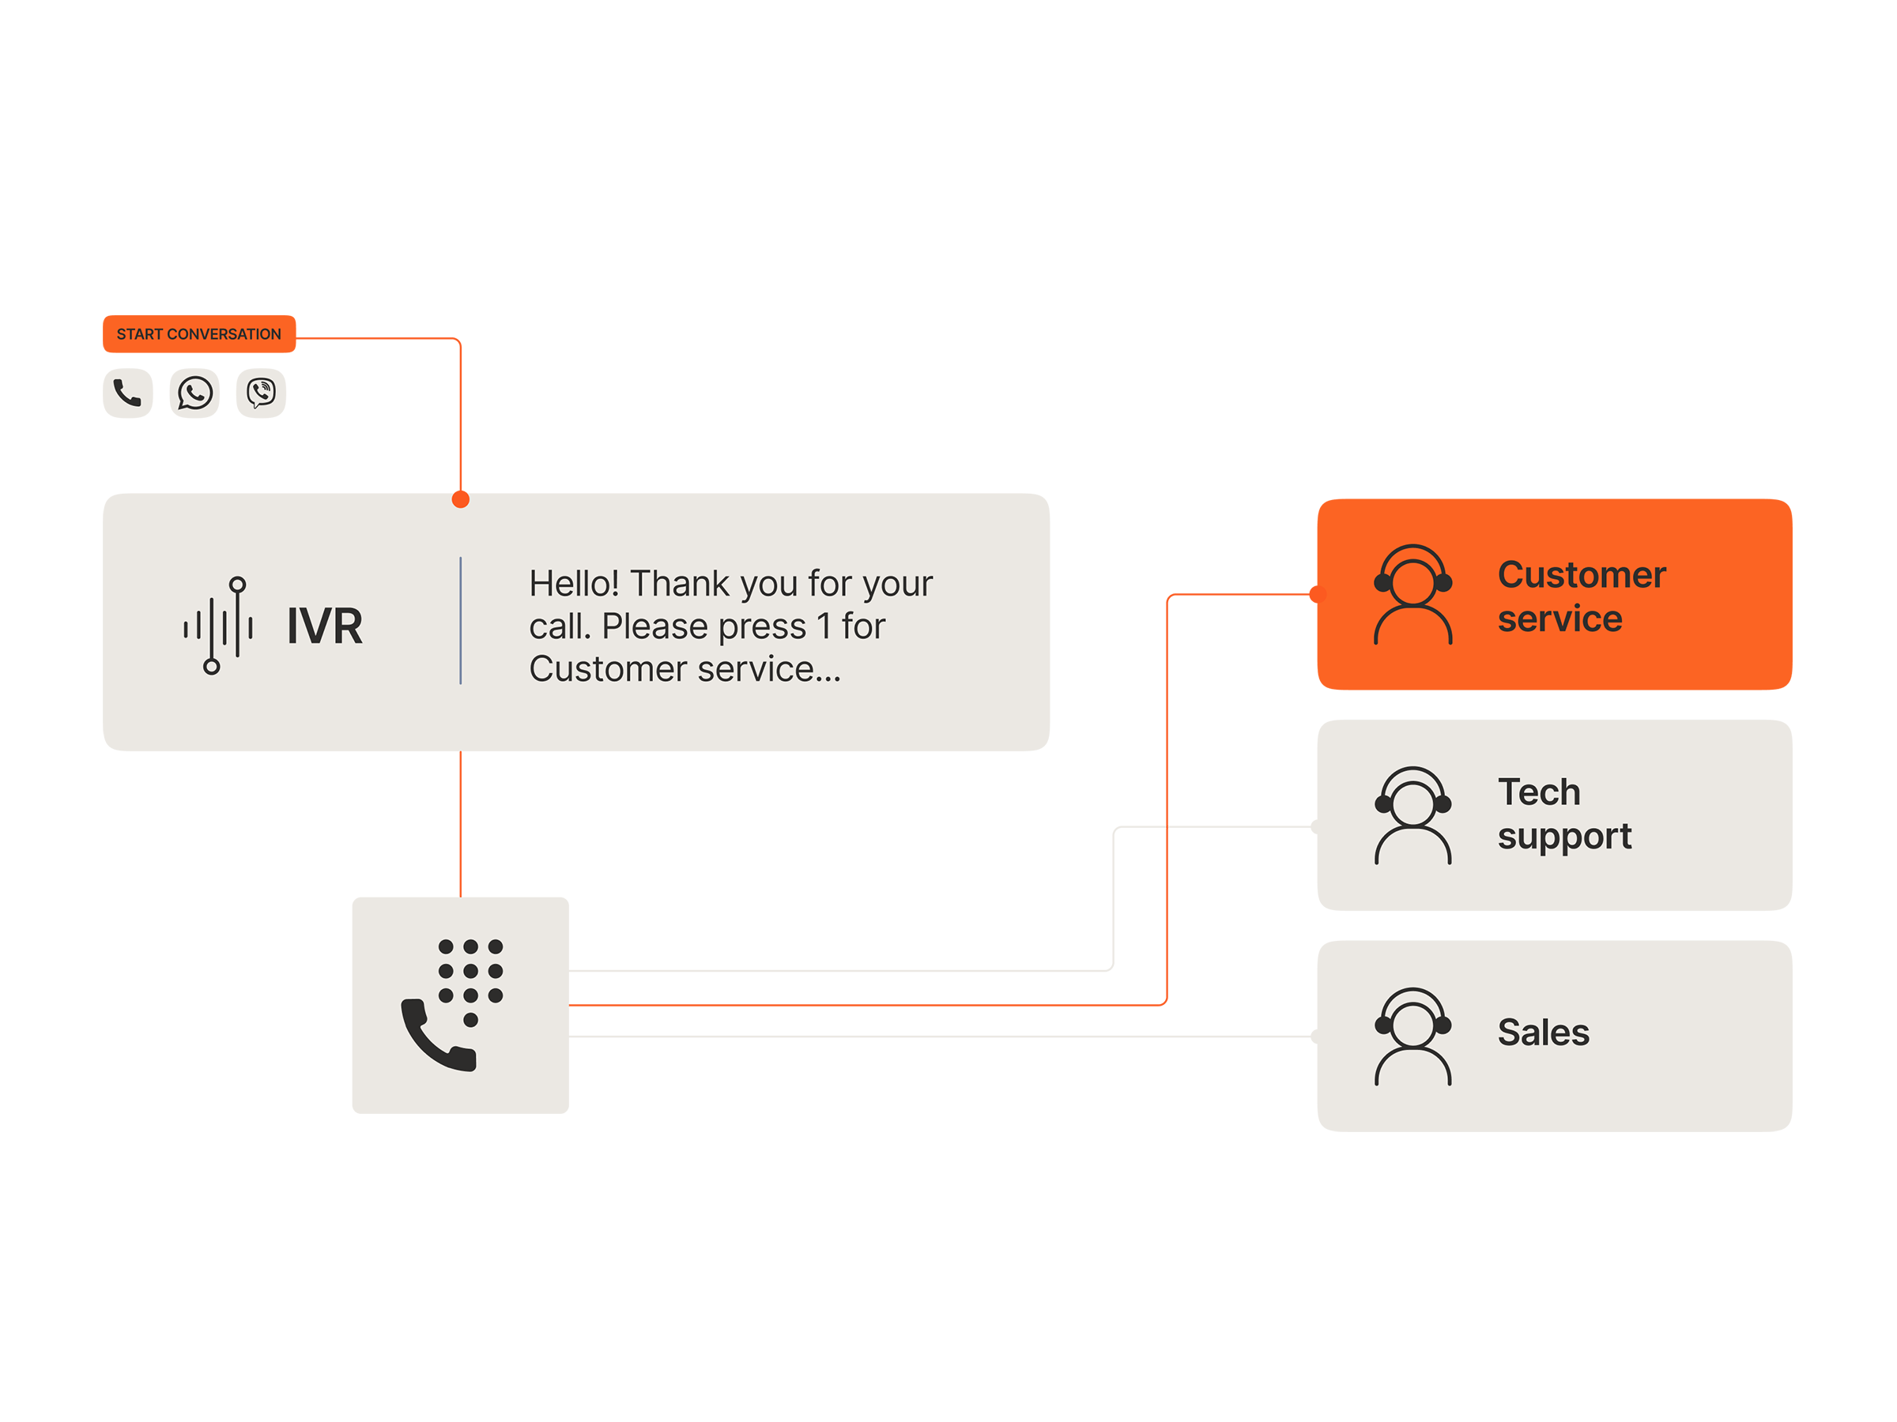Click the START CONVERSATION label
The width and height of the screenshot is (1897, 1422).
pos(198,334)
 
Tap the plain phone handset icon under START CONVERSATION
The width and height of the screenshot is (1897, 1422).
pos(127,393)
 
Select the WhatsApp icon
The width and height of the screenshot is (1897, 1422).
pos(194,393)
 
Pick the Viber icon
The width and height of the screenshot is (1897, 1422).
pos(261,393)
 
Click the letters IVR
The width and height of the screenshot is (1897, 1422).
pos(324,626)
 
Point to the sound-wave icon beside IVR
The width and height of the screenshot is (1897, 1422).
pos(219,626)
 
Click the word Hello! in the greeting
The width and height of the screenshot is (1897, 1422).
pos(573,584)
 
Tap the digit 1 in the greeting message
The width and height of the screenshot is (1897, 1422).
pos(824,626)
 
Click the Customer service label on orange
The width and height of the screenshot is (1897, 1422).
pos(1581,596)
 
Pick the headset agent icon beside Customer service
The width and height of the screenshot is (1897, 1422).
pos(1412,594)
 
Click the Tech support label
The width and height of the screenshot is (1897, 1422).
pos(1563,814)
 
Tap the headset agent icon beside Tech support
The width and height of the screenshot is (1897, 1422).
pos(1412,815)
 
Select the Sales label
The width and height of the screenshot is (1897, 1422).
pos(1543,1032)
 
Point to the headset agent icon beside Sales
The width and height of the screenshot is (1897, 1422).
pos(1412,1036)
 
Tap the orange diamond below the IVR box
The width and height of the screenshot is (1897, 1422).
pos(461,824)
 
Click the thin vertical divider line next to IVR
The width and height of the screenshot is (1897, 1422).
pos(461,621)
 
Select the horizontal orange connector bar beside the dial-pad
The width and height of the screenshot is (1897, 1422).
pos(858,1004)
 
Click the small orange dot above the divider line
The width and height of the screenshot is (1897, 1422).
pos(461,498)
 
